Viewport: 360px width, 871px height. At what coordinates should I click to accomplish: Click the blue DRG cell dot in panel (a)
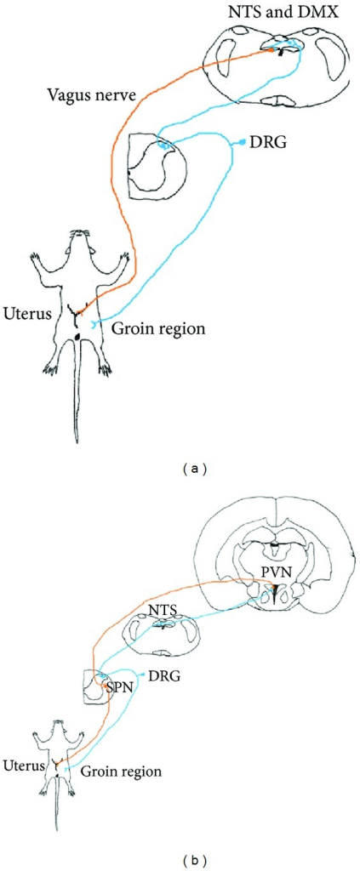tap(245, 141)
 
